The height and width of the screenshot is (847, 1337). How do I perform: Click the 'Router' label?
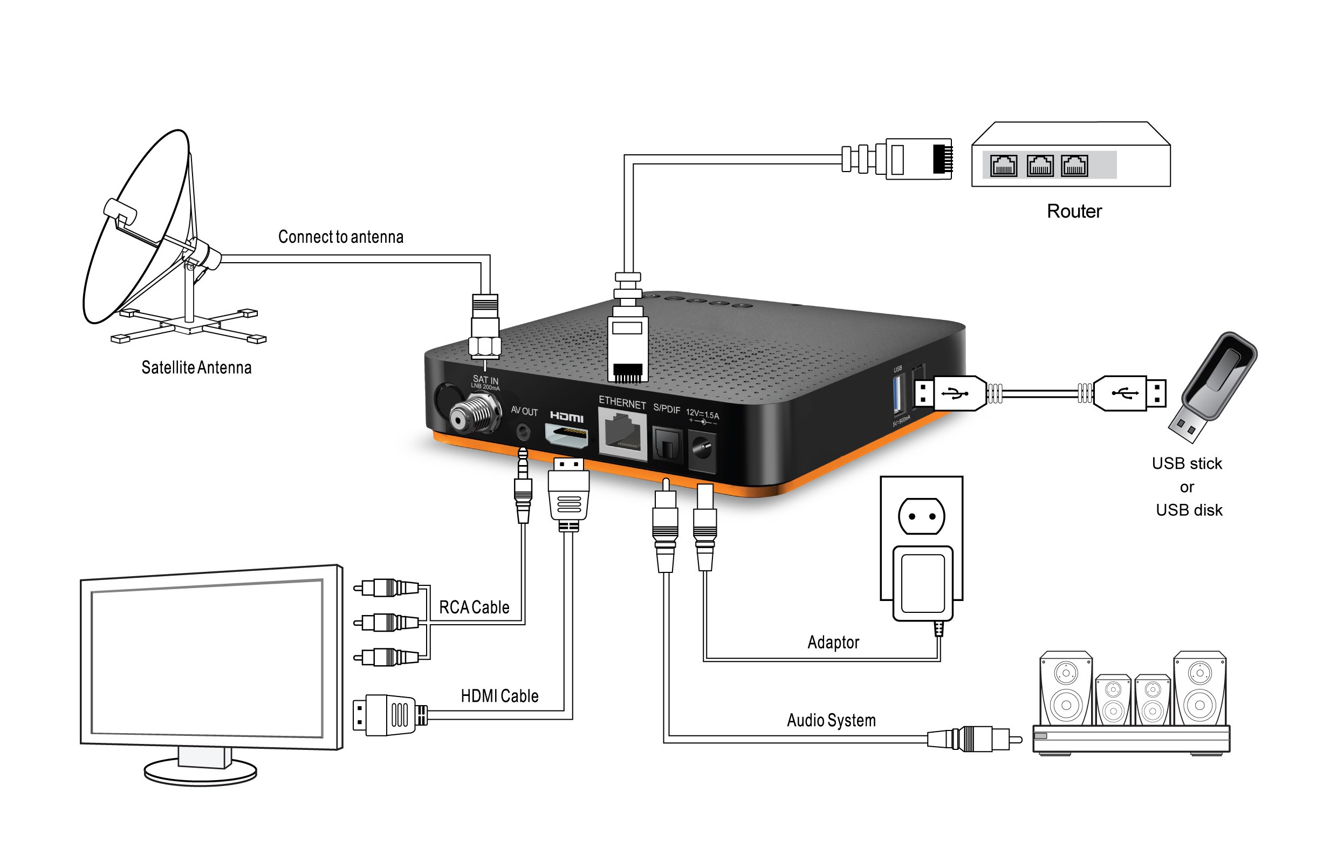point(1074,211)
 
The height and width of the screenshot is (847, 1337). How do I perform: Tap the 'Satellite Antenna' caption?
point(196,367)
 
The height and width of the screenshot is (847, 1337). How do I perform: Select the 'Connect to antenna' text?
point(340,237)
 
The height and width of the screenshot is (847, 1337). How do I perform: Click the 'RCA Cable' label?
point(474,607)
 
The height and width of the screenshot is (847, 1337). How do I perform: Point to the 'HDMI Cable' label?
point(499,696)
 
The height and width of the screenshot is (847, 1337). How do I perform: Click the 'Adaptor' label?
point(833,642)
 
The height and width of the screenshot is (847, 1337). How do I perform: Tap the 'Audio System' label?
point(831,720)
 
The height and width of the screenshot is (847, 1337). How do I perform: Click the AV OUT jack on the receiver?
point(523,431)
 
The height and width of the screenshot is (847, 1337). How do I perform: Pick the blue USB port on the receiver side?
point(897,394)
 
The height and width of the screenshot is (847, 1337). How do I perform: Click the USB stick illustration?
point(1216,383)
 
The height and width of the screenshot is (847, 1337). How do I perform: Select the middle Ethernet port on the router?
point(1039,166)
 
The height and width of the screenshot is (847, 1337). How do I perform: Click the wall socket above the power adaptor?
point(921,516)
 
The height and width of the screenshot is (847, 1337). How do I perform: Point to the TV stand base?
point(201,773)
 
